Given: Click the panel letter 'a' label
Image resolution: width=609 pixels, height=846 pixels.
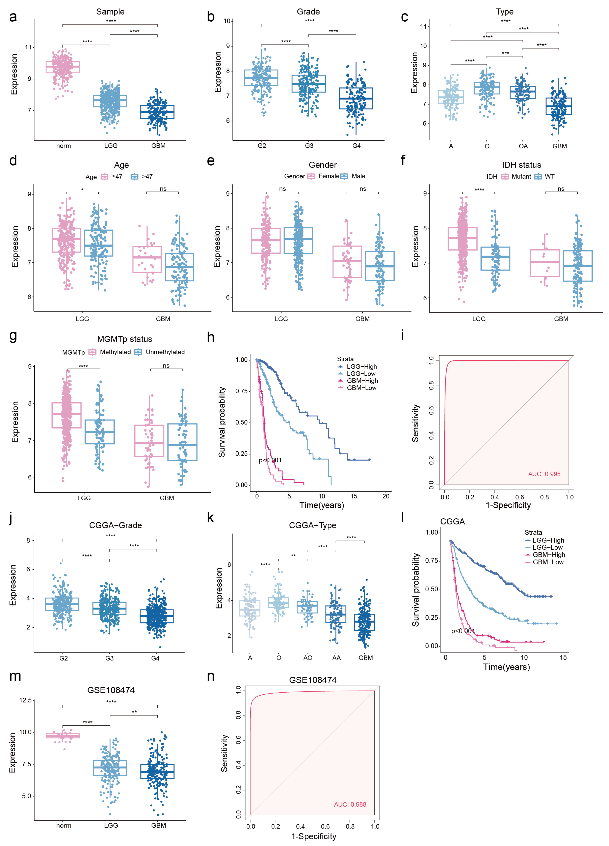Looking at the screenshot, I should [13, 17].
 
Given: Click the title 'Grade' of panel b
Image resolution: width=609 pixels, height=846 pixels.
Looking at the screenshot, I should [308, 11].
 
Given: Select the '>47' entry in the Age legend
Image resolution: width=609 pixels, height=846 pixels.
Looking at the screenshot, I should [147, 176].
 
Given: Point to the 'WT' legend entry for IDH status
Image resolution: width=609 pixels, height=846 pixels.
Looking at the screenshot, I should [549, 176].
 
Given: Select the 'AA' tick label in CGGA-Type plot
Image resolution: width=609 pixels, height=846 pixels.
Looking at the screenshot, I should [336, 658].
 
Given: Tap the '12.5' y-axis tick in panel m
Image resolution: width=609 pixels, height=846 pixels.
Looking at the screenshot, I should [25, 700].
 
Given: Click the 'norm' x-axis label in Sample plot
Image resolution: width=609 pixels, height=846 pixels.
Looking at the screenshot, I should [63, 146].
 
